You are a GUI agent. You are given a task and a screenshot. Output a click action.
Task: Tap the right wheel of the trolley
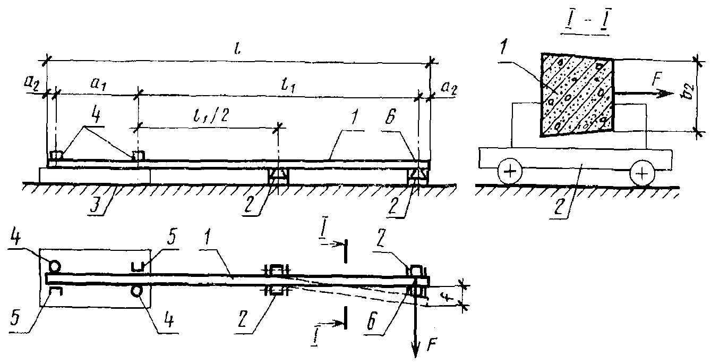(x=641, y=173)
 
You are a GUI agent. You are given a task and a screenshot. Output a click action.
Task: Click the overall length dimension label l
(x=238, y=50)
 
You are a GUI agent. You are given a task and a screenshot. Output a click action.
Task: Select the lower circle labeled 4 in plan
(x=138, y=291)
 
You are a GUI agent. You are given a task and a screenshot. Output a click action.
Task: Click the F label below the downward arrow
(x=432, y=343)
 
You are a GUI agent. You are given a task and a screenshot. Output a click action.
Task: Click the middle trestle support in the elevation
(x=279, y=177)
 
